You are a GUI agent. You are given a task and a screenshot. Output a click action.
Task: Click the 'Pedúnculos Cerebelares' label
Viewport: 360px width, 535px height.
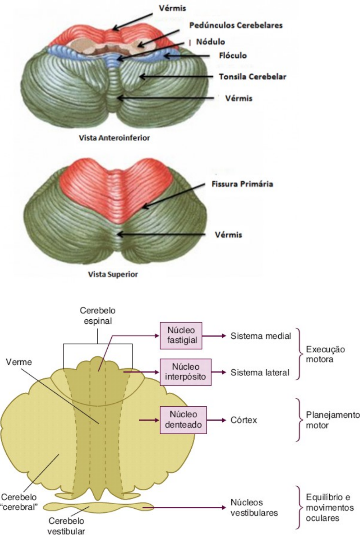click(x=236, y=26)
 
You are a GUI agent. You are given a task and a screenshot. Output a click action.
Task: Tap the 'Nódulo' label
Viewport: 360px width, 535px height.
click(x=210, y=42)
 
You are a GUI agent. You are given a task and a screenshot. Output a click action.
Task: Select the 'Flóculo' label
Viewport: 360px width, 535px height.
click(x=233, y=56)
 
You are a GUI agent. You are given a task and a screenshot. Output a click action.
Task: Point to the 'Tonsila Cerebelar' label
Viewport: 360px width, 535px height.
click(x=252, y=77)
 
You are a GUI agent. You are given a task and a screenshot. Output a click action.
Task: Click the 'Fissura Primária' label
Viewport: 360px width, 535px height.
click(x=242, y=184)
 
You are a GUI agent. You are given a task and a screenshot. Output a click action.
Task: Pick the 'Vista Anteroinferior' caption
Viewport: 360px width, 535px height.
click(x=114, y=138)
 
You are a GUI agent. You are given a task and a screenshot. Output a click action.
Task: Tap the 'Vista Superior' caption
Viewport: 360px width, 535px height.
click(x=113, y=274)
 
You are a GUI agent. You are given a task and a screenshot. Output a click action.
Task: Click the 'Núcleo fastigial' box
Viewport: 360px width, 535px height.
click(x=181, y=336)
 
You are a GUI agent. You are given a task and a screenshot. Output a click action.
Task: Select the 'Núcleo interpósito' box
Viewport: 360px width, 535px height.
click(x=186, y=372)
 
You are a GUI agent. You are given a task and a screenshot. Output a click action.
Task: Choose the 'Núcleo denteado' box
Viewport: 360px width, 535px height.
click(x=183, y=420)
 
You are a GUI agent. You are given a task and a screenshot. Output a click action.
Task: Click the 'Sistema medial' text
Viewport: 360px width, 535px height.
click(x=261, y=336)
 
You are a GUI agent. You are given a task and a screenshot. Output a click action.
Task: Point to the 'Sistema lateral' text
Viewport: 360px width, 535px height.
click(x=260, y=372)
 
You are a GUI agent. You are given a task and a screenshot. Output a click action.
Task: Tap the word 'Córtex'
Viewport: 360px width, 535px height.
click(x=244, y=420)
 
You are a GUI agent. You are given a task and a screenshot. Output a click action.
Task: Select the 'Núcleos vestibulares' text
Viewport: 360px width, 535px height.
click(x=254, y=507)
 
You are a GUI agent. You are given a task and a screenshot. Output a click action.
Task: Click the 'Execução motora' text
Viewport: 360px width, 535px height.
click(x=325, y=354)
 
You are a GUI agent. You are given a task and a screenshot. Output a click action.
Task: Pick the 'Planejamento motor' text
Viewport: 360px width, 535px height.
click(x=333, y=420)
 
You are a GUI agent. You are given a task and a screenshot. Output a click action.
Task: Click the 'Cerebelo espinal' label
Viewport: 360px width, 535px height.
click(x=98, y=315)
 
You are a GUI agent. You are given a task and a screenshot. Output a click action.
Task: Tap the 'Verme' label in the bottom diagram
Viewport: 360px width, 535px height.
click(x=19, y=362)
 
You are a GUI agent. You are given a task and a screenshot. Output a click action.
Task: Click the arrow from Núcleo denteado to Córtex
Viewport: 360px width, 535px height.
click(x=216, y=420)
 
